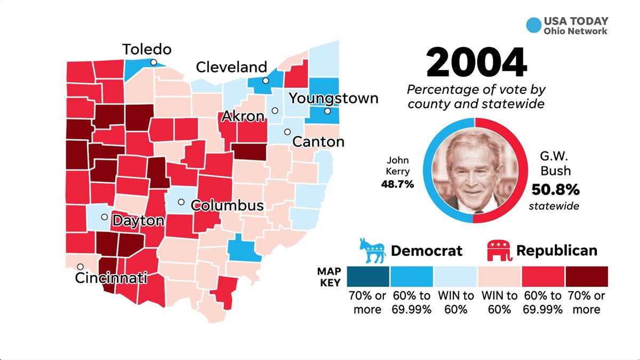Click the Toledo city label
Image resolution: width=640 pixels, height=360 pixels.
coord(147,50)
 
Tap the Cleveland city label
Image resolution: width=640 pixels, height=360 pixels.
coord(231,67)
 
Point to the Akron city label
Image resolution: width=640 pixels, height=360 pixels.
coord(243,116)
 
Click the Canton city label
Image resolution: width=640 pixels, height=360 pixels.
coord(318,142)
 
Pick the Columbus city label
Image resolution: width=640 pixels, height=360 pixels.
coord(227,205)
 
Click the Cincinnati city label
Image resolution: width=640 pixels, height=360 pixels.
coord(111,278)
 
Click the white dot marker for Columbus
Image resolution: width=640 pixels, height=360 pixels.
coord(181,202)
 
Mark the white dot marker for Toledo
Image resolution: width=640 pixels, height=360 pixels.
coord(154,62)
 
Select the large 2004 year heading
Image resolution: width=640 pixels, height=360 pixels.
coord(476,63)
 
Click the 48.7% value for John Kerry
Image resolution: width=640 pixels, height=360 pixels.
coord(398,184)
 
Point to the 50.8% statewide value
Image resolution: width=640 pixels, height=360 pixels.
coord(555,189)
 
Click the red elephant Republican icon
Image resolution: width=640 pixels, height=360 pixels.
coord(498,251)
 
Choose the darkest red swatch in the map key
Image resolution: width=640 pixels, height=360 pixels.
coord(586,276)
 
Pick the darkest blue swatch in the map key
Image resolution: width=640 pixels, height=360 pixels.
coord(368,276)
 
